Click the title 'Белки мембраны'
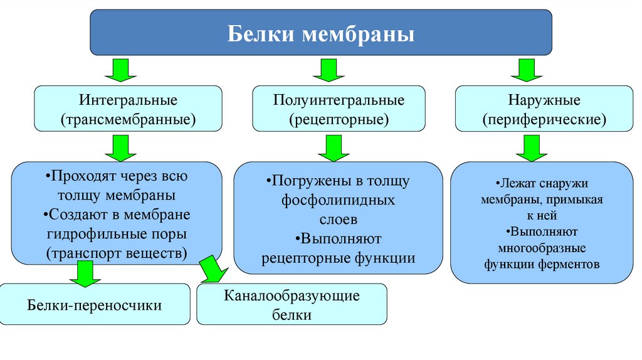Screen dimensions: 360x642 coord(320,33)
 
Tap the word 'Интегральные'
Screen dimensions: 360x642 coord(128,100)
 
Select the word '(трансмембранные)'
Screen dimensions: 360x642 coord(128,119)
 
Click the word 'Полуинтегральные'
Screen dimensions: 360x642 coord(339,100)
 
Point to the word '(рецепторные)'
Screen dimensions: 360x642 coord(339,119)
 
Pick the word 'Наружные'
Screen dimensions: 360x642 coord(544,100)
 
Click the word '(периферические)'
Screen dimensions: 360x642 coord(544,119)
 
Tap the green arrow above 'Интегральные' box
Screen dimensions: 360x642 coord(117,70)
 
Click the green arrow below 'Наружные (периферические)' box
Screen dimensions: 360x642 coord(531,149)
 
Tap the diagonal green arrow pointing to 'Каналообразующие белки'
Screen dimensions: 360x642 coord(213,268)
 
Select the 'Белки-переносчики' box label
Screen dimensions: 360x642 coord(95,305)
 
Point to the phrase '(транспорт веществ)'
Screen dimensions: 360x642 coord(117,254)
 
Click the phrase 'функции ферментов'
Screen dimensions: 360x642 coord(542,264)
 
